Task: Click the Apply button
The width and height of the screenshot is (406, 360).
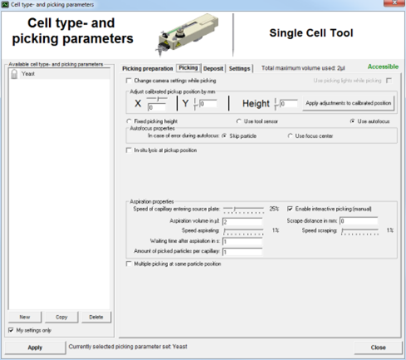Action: coord(35,347)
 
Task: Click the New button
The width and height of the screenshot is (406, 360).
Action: coord(25,317)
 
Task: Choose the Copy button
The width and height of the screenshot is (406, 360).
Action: coord(61,317)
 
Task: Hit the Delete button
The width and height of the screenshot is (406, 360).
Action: coord(96,317)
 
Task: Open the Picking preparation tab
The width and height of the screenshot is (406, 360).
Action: coord(147,67)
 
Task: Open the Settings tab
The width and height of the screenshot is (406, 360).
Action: coord(240,67)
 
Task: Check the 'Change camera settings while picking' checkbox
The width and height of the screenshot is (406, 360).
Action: coord(126,81)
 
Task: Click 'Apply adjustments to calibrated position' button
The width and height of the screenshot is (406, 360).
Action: coord(348,103)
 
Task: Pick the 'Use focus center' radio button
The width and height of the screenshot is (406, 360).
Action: coord(290,135)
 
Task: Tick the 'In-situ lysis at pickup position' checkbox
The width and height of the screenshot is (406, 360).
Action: coord(126,150)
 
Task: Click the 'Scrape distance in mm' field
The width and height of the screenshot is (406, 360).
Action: coord(359,221)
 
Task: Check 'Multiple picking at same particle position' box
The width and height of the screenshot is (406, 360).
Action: coord(126,264)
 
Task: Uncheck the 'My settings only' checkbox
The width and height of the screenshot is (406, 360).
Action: coord(10,330)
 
